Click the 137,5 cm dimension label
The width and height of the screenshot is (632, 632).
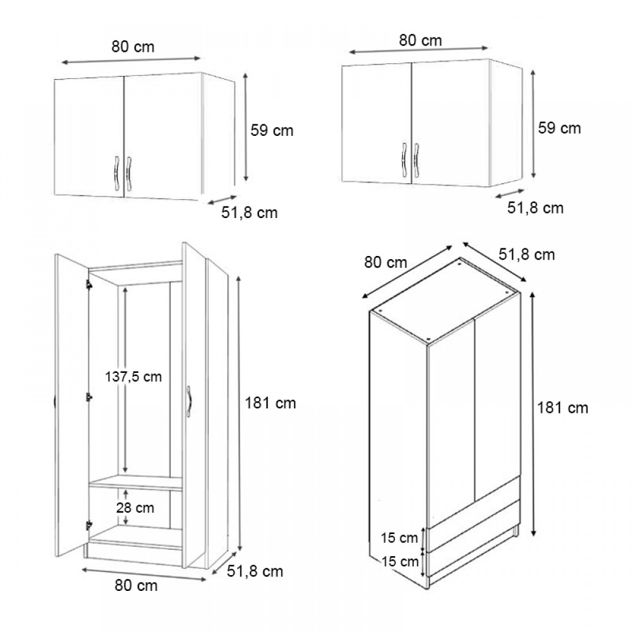133,377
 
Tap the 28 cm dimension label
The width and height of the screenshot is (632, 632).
135,507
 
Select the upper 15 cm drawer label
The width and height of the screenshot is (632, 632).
399,537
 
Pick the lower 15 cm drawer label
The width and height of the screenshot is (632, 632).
399,561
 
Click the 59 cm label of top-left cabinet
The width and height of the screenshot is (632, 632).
272,131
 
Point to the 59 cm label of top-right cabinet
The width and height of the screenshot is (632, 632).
559,128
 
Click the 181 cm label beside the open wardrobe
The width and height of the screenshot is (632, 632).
270,403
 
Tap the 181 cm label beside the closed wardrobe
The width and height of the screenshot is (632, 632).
562,408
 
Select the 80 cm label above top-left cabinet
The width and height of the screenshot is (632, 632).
133,47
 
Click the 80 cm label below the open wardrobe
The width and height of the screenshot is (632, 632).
136,585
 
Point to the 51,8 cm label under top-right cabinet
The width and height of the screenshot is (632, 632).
535,208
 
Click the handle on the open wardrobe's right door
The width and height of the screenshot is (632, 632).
188,402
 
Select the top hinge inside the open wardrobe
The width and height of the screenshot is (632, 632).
88,284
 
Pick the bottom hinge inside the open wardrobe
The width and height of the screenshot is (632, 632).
88,525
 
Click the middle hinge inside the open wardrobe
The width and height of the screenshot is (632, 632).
88,397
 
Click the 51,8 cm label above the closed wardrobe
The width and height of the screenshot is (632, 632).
527,255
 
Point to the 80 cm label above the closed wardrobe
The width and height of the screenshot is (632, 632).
386,262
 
